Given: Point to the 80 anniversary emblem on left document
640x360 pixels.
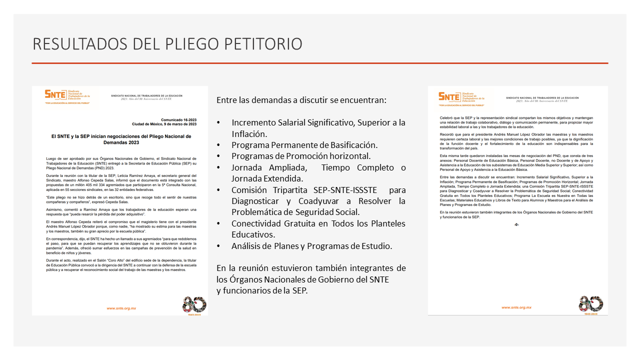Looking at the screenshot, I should [194, 304].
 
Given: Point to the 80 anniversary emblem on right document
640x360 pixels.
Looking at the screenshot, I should [590, 304].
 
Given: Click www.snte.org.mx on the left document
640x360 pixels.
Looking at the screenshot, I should [121, 308].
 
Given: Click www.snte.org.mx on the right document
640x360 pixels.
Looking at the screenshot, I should [516, 307].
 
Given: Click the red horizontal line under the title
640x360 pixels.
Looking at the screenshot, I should [320, 63].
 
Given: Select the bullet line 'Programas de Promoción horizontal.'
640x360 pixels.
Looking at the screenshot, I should [301, 156].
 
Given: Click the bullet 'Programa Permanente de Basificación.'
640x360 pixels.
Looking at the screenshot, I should [304, 145].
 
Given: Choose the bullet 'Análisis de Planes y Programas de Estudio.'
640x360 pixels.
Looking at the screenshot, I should [311, 246].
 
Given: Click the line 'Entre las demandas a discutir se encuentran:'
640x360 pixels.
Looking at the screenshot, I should [301, 100].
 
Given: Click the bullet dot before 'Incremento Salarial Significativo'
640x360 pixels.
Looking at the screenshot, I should [219, 123].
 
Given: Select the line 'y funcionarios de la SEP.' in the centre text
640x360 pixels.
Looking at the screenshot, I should [262, 290].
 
